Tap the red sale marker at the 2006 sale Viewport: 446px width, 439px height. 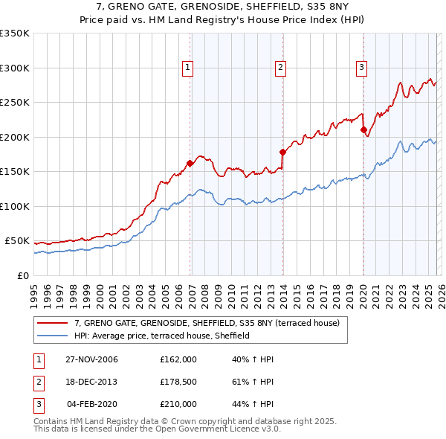[190, 163]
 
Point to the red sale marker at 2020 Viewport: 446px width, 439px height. [363, 130]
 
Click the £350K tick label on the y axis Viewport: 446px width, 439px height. [15, 33]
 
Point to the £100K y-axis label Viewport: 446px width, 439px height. [15, 206]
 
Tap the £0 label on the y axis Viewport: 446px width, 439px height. [22, 275]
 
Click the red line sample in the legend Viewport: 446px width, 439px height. [52, 323]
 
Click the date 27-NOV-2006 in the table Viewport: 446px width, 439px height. [92, 359]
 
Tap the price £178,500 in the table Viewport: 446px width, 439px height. [178, 382]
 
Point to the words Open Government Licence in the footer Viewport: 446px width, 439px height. [214, 429]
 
